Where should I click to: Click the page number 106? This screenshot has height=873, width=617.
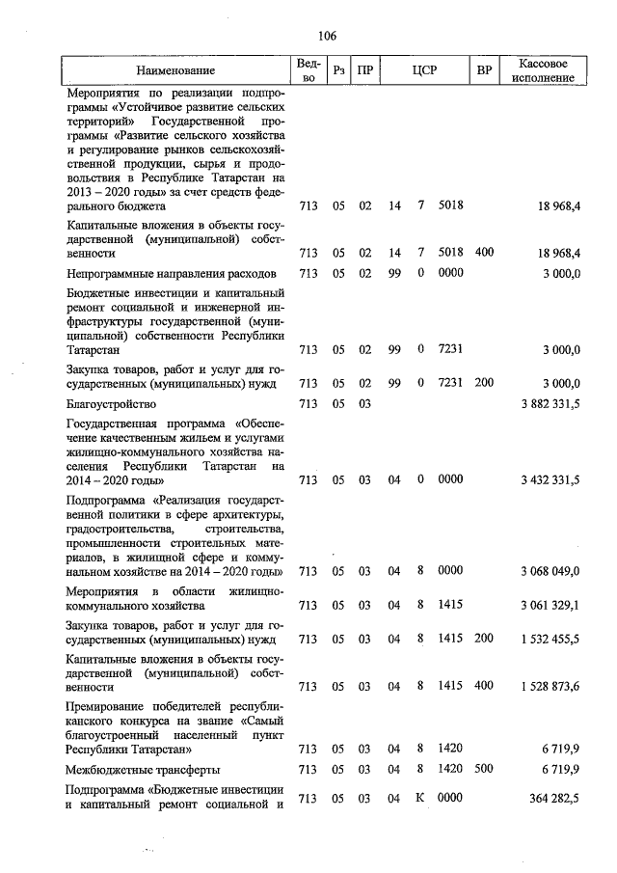[326, 37]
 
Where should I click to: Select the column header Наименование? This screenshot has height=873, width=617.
[175, 70]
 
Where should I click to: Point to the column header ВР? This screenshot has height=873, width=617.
[485, 70]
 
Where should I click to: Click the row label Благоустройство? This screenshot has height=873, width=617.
[111, 404]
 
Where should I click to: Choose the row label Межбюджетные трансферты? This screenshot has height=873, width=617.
[143, 770]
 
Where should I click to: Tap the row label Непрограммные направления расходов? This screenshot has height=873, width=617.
[172, 274]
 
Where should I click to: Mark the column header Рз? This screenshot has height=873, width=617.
[338, 70]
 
